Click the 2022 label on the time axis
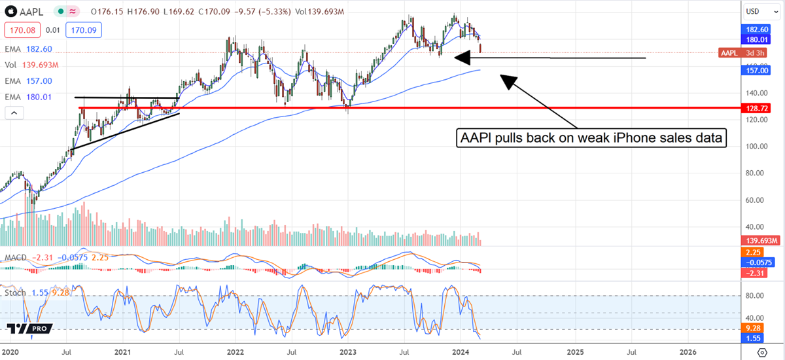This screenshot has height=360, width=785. (x=235, y=352)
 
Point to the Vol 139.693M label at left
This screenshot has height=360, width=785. (x=31, y=65)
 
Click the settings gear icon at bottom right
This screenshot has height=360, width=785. (x=761, y=352)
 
